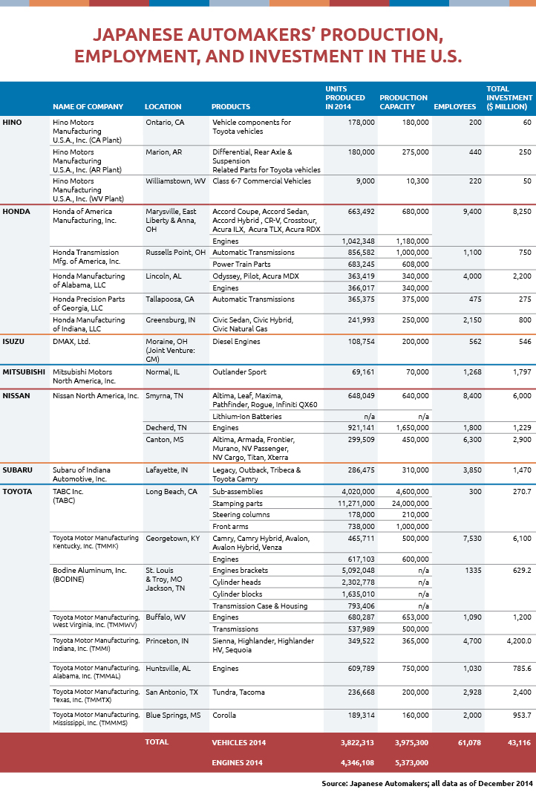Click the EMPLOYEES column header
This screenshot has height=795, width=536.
point(455,106)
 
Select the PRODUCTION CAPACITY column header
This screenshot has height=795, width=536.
point(404,102)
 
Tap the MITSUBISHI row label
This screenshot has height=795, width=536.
point(24,371)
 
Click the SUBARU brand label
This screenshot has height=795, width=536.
point(17,470)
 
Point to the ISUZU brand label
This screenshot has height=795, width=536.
point(13,341)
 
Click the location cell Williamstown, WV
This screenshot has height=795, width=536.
point(176,181)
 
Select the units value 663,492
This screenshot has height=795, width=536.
point(362,212)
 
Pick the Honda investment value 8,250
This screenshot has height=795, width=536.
point(522,212)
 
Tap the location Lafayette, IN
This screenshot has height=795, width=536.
point(167,470)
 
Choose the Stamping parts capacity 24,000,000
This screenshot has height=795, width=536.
point(411,504)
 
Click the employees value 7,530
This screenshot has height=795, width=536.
point(472,539)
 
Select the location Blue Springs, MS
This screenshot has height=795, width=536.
point(173,715)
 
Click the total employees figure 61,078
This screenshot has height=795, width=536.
point(470,743)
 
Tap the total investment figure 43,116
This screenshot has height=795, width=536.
point(519,743)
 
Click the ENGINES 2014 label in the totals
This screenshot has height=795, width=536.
point(237,762)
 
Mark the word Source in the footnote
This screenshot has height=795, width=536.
point(334,783)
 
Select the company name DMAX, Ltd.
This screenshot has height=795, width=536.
point(71,341)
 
